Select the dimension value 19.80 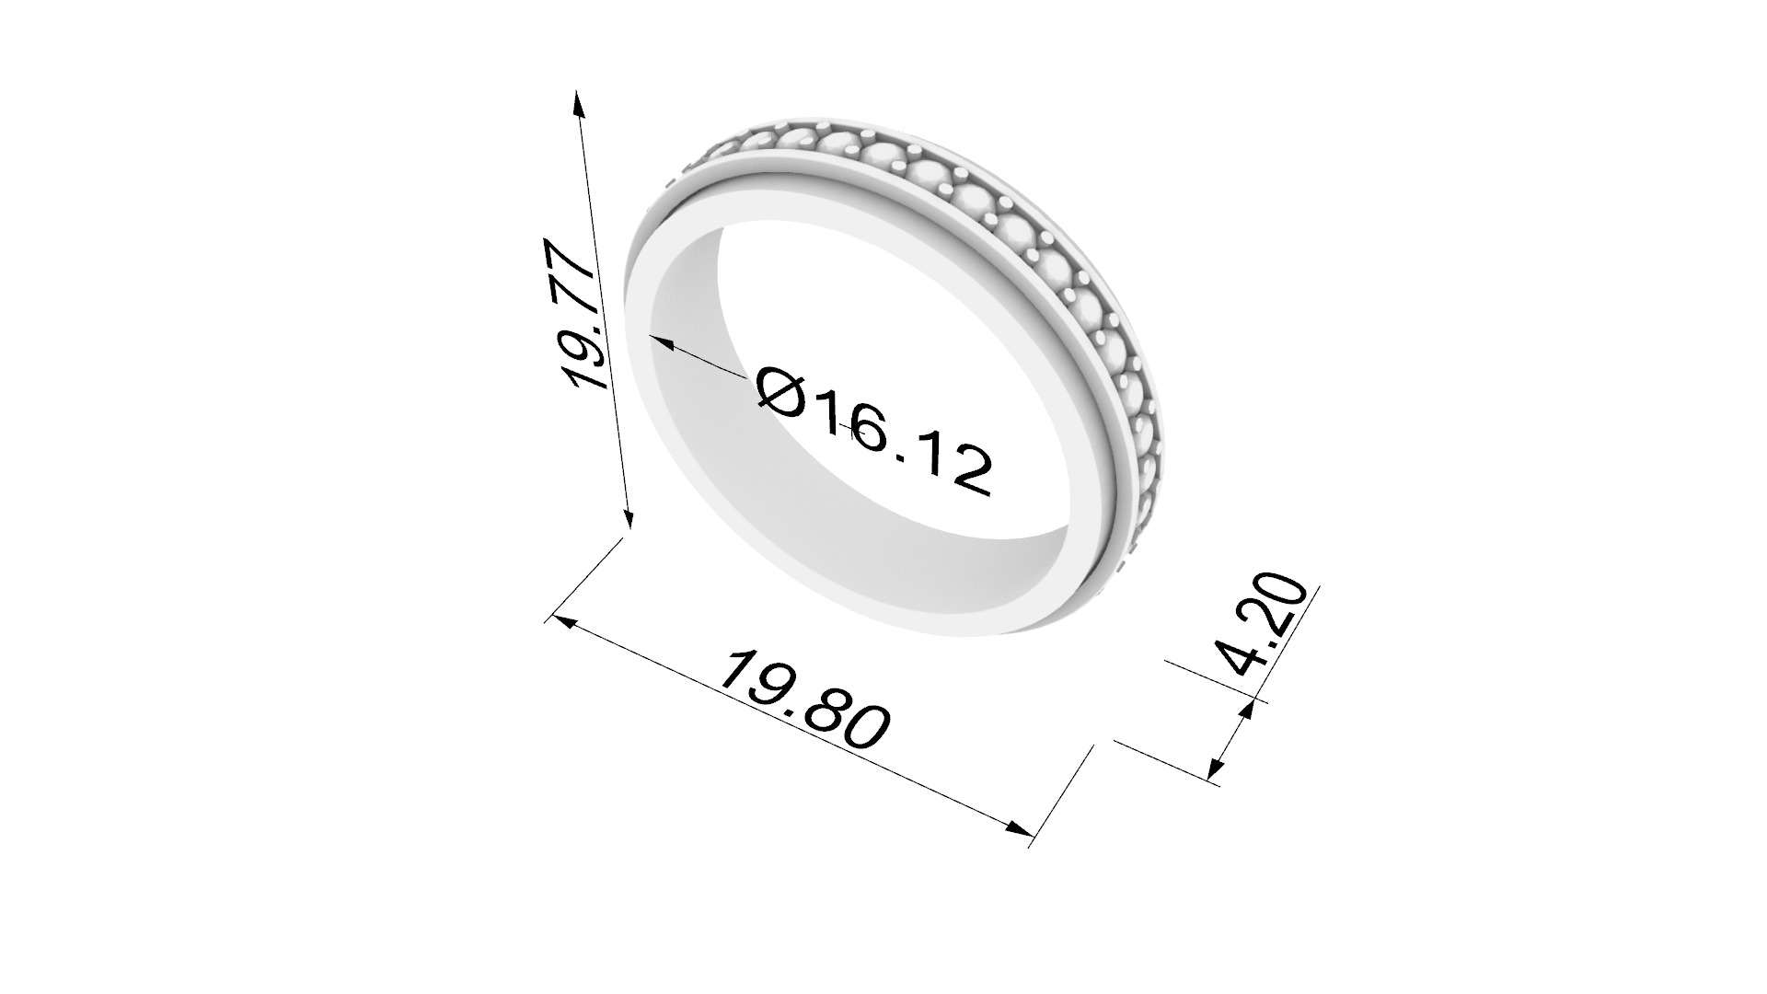click(x=804, y=699)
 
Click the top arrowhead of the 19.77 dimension click(x=578, y=102)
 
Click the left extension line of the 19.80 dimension click(x=584, y=580)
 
